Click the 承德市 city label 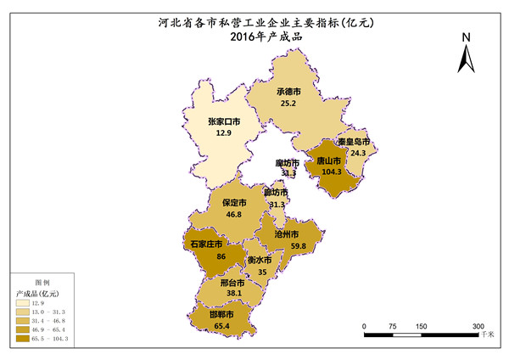[288, 92]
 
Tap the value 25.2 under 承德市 [288, 104]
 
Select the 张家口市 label [224, 121]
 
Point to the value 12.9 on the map [224, 133]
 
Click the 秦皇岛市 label [352, 142]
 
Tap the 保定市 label [234, 203]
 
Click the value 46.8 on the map [234, 215]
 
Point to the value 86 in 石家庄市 [221, 256]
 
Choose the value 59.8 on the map [299, 245]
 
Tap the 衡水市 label [260, 260]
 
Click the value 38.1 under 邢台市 [234, 293]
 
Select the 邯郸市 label [221, 313]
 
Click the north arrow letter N [466, 37]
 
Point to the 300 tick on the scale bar [478, 326]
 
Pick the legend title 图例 [42, 281]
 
